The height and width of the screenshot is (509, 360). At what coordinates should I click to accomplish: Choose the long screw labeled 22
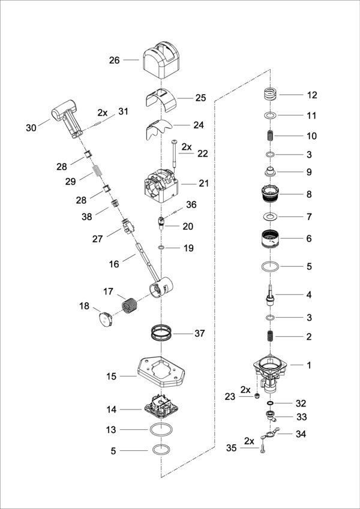coord(173,153)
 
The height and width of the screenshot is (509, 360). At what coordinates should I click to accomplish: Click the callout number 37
coord(199,333)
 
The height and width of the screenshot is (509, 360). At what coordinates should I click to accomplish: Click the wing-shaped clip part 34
coord(268,434)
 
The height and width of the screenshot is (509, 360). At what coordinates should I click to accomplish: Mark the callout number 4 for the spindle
coord(308,295)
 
